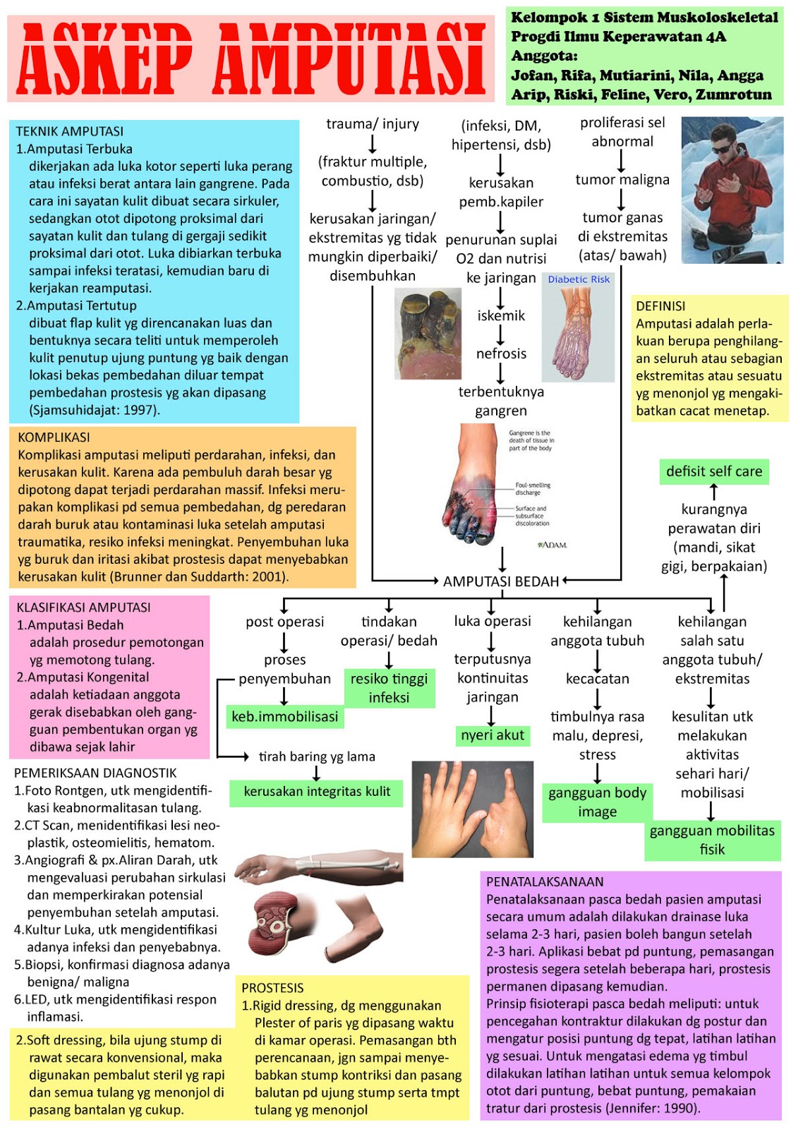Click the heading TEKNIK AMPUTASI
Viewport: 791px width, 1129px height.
click(70, 131)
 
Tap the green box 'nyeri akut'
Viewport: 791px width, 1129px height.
click(492, 735)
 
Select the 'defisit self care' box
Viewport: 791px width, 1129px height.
click(714, 471)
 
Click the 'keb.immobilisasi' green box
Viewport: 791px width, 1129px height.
click(285, 716)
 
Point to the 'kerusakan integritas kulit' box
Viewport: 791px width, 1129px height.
click(317, 791)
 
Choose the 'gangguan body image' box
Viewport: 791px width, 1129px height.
click(598, 802)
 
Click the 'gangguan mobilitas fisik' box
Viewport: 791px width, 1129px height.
click(712, 840)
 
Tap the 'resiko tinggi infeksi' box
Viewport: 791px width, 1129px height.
click(389, 688)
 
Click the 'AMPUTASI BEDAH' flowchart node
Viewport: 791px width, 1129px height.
click(500, 581)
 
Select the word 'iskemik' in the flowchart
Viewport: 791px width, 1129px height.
click(501, 315)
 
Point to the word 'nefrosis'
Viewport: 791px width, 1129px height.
click(501, 354)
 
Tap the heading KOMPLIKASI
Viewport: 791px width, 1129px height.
click(54, 437)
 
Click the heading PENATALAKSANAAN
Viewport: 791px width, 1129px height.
click(545, 881)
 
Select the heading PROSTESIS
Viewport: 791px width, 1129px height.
click(273, 988)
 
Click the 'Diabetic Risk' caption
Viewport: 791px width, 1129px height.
click(579, 279)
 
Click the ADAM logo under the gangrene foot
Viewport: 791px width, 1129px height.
click(553, 544)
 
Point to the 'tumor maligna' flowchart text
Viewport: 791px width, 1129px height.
click(622, 180)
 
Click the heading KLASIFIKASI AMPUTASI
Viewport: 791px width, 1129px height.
click(84, 608)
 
